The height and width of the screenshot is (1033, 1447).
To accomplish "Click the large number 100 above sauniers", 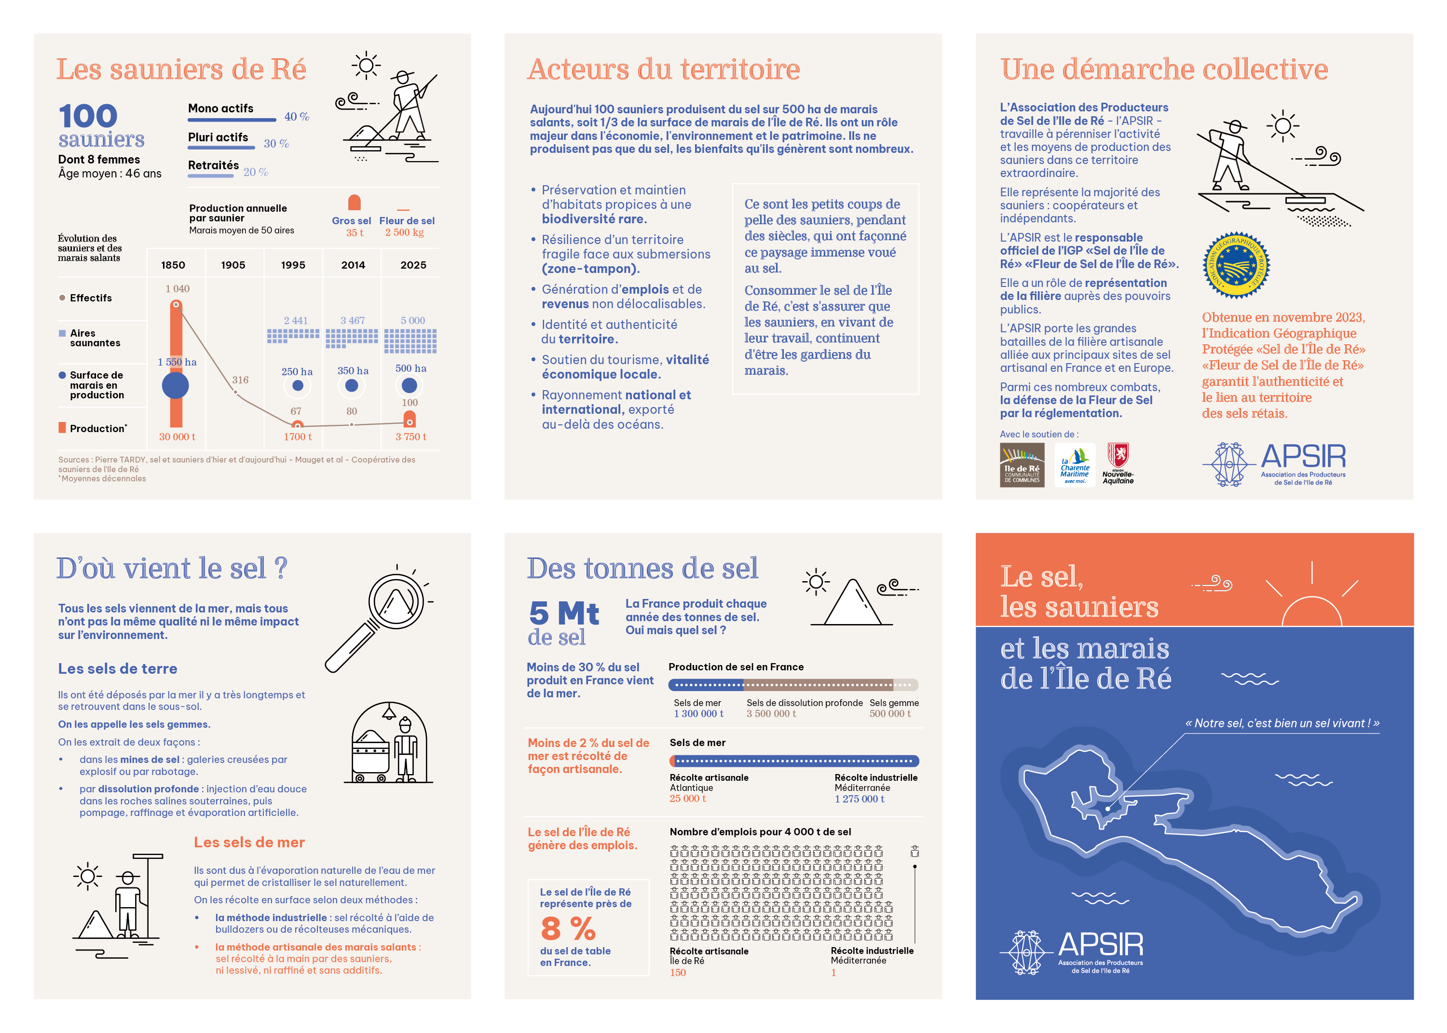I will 88,116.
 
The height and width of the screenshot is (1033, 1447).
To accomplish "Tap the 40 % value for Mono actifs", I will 297,116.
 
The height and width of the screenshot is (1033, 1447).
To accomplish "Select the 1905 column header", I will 233,265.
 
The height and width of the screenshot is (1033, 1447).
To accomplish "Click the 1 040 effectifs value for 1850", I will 177,289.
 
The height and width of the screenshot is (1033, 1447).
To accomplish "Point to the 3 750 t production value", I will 411,436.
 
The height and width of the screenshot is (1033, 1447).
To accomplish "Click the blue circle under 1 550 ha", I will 176,385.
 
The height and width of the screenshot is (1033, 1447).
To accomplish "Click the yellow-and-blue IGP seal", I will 1236,265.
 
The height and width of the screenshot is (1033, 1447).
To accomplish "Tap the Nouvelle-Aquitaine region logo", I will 1118,464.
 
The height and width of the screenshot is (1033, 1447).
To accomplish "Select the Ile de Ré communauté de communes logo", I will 1022,465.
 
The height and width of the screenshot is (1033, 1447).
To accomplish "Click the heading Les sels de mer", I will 249,842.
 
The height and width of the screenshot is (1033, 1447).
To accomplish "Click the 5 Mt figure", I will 563,614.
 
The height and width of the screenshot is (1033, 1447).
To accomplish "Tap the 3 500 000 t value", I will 771,714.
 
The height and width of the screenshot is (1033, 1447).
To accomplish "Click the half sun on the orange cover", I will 1311,611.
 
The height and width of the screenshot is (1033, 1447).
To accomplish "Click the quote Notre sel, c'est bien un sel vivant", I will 1282,723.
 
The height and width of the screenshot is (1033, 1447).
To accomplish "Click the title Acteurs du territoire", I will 663,69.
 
